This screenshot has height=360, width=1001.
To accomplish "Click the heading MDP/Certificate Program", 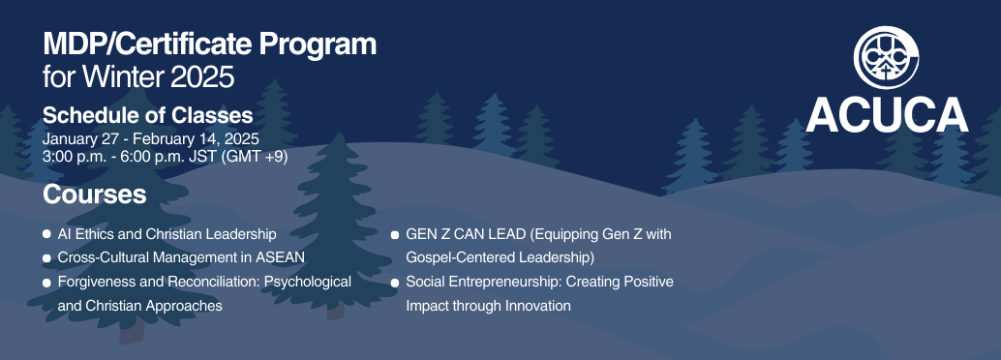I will click(x=209, y=45).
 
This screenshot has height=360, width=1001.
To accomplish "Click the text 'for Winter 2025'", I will click(x=138, y=75).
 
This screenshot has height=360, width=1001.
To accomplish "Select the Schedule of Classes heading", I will click(x=147, y=116).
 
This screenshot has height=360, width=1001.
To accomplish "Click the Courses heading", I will click(x=94, y=195).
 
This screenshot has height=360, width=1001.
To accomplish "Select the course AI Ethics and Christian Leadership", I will click(x=167, y=234).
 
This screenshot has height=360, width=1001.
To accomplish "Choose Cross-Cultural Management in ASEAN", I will click(x=181, y=257).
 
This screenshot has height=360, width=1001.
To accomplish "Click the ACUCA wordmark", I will click(x=887, y=115).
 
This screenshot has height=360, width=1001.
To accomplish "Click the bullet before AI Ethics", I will click(x=47, y=235).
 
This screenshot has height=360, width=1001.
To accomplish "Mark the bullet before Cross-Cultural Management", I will click(x=47, y=258).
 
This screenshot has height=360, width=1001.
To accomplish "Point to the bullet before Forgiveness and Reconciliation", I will click(x=47, y=283).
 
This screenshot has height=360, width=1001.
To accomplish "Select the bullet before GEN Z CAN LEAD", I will click(x=395, y=235).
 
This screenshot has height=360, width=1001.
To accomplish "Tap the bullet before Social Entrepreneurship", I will click(x=395, y=283).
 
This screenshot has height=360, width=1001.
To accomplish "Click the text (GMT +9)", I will click(x=255, y=155).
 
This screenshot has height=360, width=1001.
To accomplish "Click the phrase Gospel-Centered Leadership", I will click(x=500, y=257).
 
